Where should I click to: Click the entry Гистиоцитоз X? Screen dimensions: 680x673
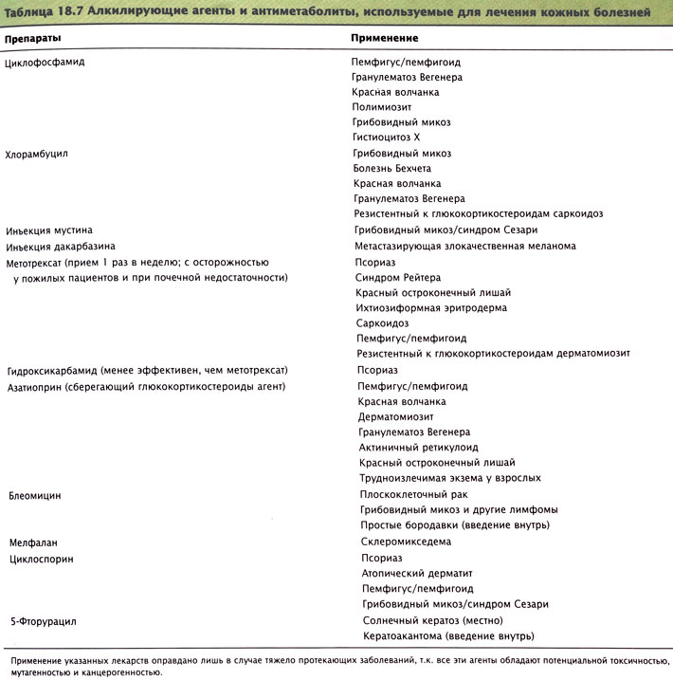point(386,138)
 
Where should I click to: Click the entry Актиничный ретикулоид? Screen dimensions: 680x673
point(418,447)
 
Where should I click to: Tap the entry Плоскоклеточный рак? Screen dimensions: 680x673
point(414,494)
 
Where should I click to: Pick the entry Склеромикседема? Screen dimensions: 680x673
point(406,542)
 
